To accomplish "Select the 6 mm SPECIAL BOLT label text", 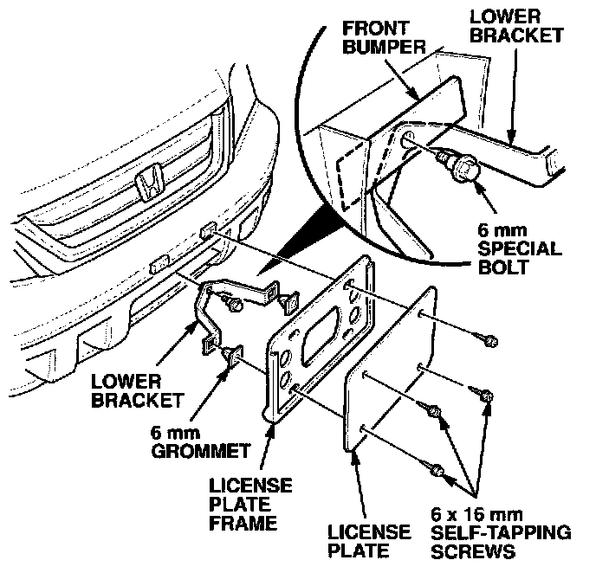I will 520,248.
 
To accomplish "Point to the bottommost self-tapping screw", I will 437,471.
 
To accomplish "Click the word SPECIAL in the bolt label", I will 520,248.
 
